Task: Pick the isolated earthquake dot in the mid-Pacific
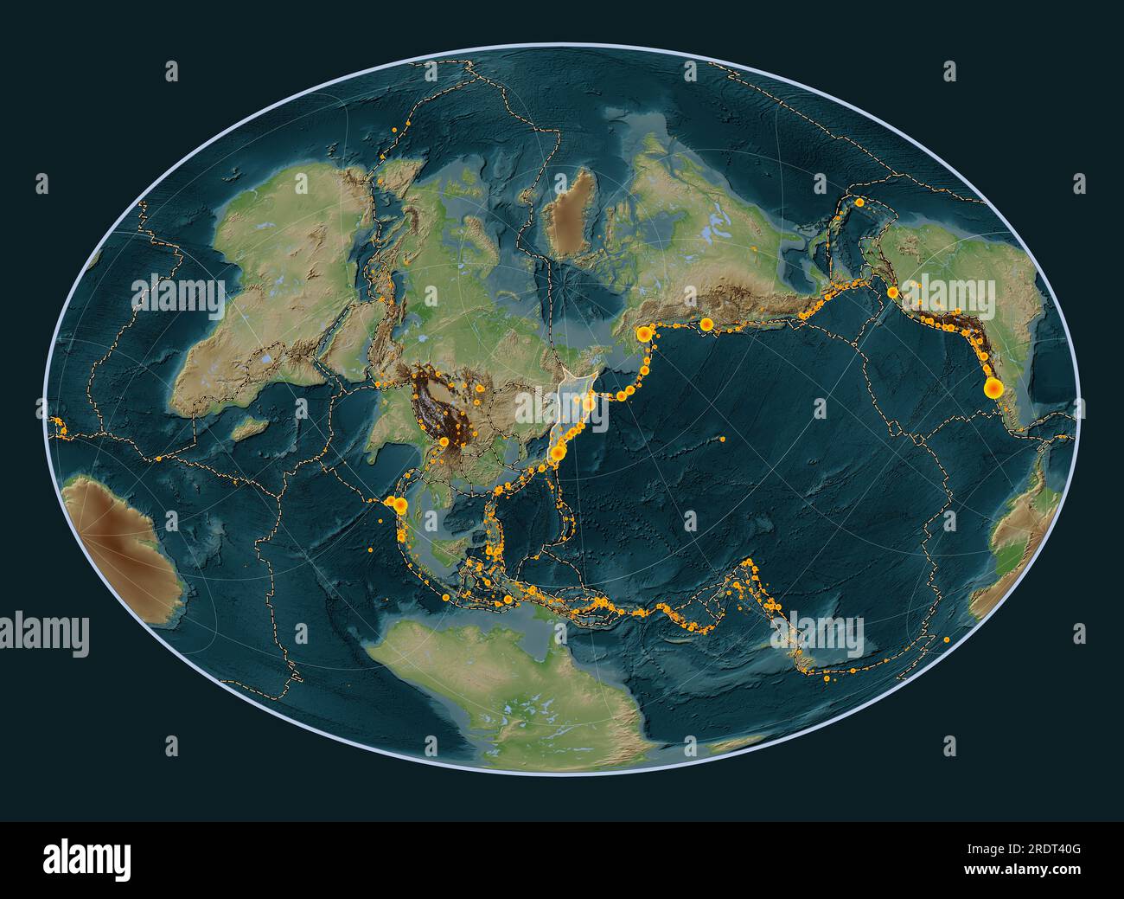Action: [x=722, y=440]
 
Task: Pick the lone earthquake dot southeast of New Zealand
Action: [x=948, y=639]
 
